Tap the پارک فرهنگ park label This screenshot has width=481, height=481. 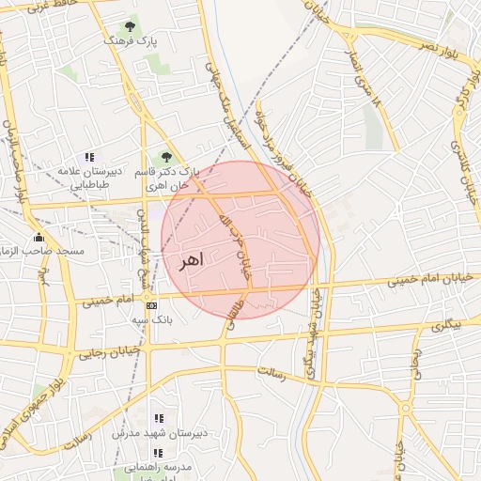[x=129, y=42]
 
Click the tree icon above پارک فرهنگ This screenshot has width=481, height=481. [x=129, y=26]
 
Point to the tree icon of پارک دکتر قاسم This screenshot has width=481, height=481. [x=166, y=158]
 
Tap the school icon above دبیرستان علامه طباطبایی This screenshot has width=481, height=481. [x=89, y=157]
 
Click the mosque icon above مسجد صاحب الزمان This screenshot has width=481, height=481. [x=39, y=237]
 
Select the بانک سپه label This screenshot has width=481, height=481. [x=149, y=320]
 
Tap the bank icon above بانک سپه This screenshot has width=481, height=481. [x=150, y=305]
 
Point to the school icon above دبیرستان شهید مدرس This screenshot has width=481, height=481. [x=157, y=417]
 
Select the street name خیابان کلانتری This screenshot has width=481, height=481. [x=466, y=174]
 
